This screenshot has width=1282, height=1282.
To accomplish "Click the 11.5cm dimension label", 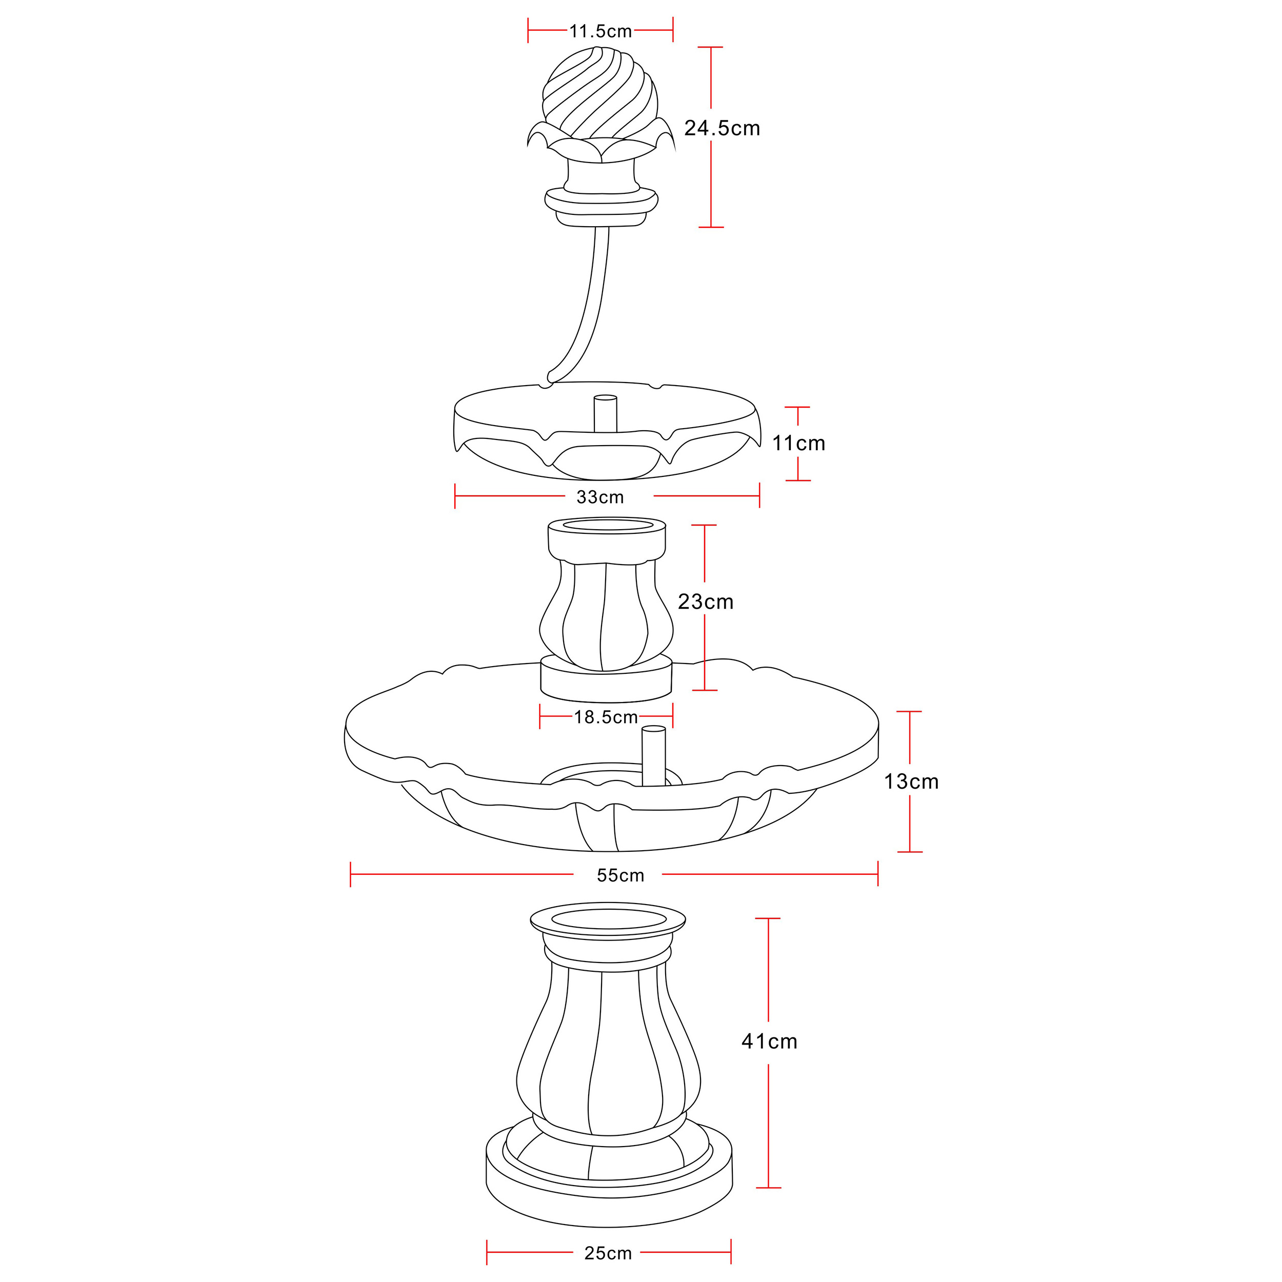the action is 600,31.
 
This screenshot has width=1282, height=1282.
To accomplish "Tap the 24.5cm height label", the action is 722,128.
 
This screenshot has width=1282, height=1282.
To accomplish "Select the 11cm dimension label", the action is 798,443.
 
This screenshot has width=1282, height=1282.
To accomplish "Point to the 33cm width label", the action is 600,497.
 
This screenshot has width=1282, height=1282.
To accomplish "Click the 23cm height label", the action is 706,602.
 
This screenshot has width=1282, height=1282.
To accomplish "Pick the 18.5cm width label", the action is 606,717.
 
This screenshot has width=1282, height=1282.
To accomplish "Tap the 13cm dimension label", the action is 911,782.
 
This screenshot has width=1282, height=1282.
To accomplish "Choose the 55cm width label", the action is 620,875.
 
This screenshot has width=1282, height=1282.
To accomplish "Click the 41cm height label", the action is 769,1041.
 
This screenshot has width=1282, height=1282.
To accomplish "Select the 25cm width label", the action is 608,1253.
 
